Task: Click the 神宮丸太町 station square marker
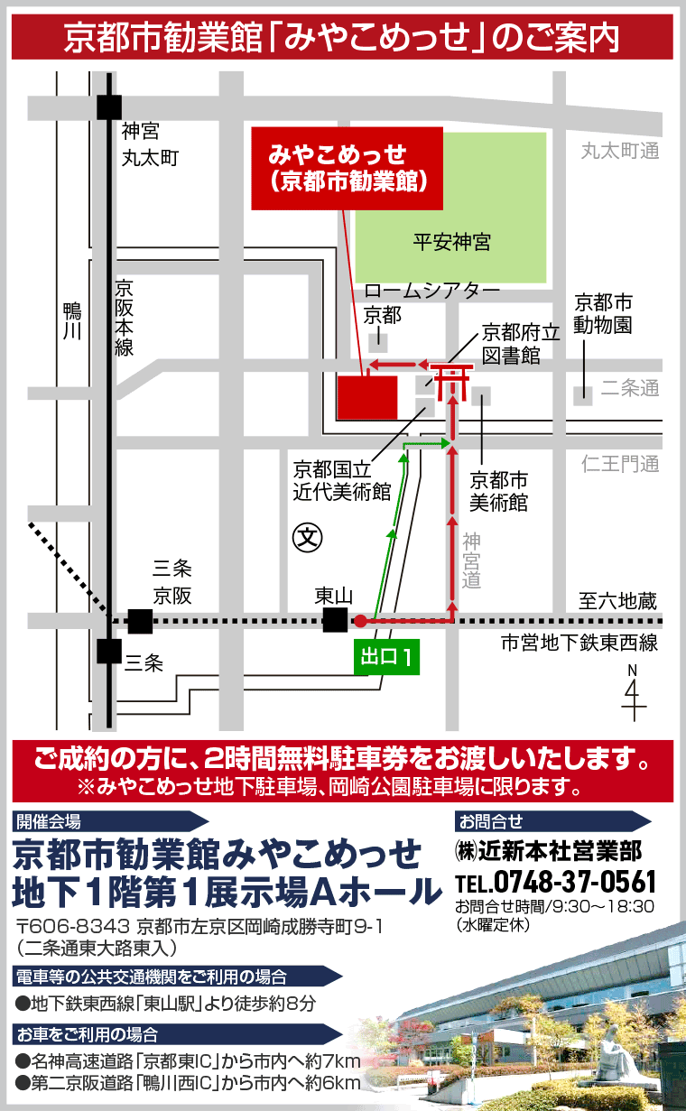(109, 106)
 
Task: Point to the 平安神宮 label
(451, 242)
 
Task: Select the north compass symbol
(634, 693)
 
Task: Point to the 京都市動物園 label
(604, 313)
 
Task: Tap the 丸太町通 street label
(620, 151)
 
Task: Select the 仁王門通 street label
(620, 465)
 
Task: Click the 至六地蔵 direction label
(618, 600)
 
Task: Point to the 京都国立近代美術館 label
(341, 481)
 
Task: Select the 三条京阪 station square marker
(140, 621)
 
